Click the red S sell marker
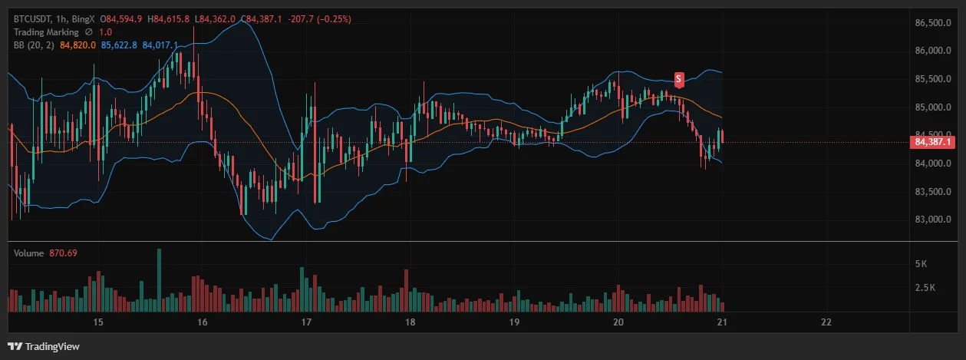point(679,78)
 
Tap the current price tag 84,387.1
point(933,142)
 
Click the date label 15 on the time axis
point(97,322)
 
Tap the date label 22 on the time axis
point(826,322)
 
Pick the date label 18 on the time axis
point(410,322)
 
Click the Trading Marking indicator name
point(46,32)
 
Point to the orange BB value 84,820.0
point(77,45)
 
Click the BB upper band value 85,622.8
point(119,45)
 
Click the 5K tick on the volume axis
point(921,263)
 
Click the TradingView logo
point(44,346)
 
